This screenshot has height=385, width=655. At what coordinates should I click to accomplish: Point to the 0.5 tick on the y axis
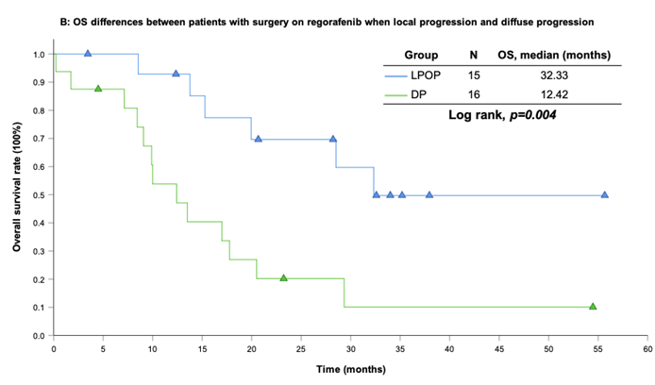(39, 195)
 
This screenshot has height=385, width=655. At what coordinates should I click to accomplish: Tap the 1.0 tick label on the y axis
(39, 55)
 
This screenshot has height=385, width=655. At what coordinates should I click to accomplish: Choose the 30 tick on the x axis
(350, 348)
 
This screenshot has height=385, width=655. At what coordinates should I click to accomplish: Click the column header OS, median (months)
(553, 55)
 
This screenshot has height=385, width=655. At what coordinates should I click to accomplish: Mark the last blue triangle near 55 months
(604, 194)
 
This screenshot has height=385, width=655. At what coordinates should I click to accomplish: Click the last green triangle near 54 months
(593, 306)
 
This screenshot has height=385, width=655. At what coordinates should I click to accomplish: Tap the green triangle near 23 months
(283, 278)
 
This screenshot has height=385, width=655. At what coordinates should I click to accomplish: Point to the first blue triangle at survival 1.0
(88, 54)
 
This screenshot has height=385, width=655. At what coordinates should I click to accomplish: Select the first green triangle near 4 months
(98, 89)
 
